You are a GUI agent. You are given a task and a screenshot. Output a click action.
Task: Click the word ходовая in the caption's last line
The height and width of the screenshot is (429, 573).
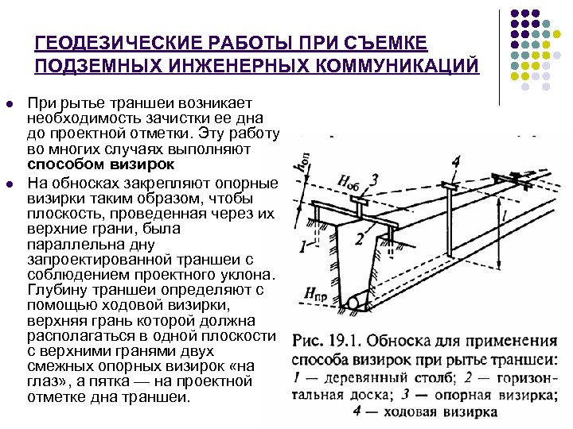415,412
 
